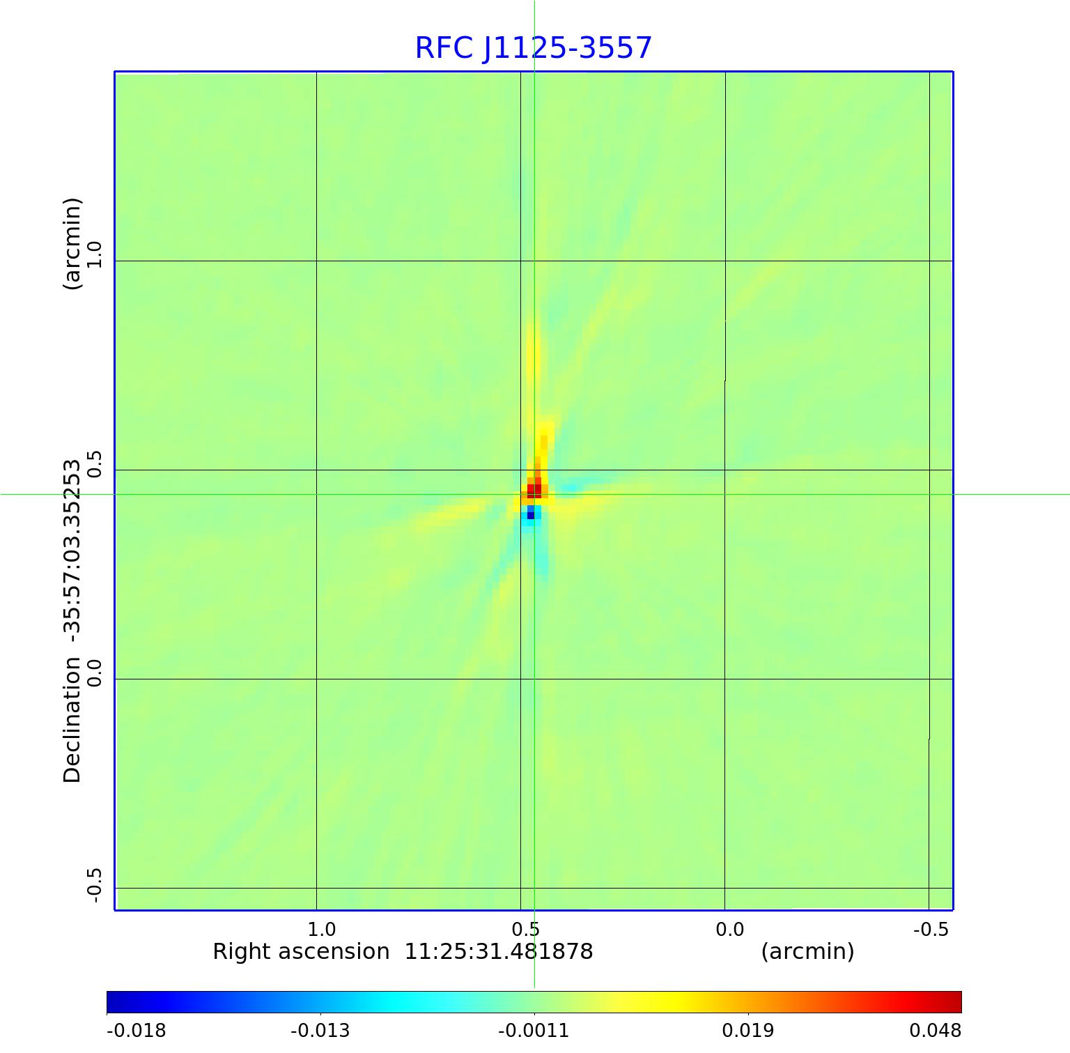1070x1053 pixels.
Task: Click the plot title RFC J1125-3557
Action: (534, 48)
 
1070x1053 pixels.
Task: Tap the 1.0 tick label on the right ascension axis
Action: (321, 929)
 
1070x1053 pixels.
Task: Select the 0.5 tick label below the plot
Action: (525, 929)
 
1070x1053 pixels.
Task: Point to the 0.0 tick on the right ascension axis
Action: (729, 929)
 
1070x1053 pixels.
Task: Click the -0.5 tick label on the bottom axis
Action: (931, 929)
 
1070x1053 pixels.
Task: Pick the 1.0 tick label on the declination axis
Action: (94, 255)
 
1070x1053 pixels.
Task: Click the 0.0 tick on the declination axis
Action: (94, 673)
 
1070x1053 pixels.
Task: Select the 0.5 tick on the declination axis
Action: (94, 464)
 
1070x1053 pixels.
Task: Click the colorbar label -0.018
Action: (137, 1030)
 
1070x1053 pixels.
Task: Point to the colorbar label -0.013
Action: (320, 1030)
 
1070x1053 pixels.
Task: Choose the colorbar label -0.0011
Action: (534, 1030)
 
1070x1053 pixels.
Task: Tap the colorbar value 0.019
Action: (747, 1030)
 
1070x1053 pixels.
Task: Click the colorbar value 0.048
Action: (935, 1030)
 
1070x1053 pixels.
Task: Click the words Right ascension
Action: (301, 951)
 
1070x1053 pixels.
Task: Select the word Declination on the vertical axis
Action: (72, 720)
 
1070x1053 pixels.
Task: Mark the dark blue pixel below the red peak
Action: (531, 516)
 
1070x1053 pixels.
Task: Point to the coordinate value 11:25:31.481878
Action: (499, 951)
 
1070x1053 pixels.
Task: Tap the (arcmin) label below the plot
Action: (807, 951)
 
